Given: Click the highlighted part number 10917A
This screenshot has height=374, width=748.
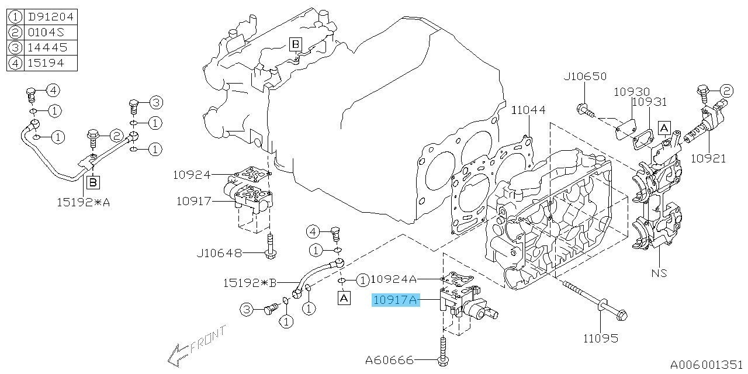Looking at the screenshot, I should pos(396,301).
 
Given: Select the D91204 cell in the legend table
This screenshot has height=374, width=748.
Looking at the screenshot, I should pos(51,16).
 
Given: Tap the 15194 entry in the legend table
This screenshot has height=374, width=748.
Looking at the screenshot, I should pos(51,63).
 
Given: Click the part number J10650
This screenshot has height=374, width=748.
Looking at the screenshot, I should pos(585,77).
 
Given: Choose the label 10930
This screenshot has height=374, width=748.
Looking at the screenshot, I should pos(631,92).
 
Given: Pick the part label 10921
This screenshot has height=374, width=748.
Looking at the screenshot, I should pos(708,158).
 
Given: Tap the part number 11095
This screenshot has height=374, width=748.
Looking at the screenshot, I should pos(600,338).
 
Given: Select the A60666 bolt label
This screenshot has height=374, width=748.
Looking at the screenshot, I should pos(389,360).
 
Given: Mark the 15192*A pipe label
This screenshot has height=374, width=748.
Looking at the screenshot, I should pos(84,202).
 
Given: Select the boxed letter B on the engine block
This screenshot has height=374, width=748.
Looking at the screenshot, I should pos(296,44).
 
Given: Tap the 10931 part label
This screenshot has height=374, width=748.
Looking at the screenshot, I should pos(649,102).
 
